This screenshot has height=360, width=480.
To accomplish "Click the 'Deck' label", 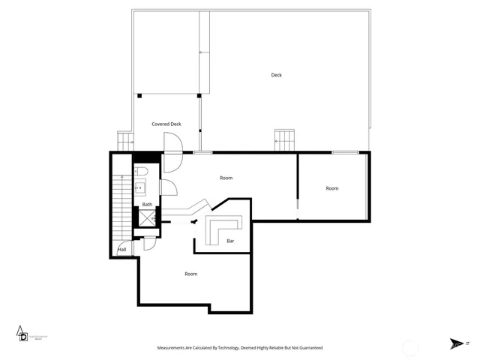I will coord(277,75).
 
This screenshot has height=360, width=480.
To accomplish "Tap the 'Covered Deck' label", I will coord(166,124).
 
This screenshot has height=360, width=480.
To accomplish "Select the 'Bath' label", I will coord(147,205).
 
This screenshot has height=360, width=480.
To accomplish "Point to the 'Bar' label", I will coord(231,241).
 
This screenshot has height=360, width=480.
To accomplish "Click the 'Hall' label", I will coord(121,250).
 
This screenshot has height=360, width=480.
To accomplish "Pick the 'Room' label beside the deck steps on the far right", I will coord(332,188).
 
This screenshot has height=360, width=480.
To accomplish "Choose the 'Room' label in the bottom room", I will coord(191,274).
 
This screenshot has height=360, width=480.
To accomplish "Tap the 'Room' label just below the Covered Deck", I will coord(226,178).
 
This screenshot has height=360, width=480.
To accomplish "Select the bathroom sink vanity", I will coord(139,188).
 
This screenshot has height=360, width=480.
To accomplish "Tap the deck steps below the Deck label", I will coord(285,139).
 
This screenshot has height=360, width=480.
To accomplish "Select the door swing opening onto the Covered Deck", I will coord(172,142).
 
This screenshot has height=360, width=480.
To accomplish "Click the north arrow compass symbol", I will coord(456,343).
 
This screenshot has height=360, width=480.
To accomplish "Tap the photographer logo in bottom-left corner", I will coord(25,334).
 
